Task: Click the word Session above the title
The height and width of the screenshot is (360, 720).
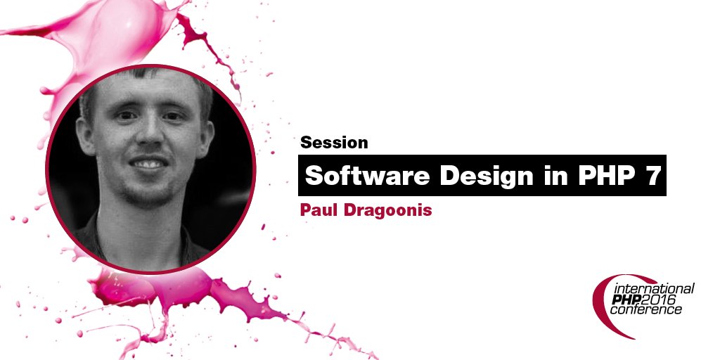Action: (x=334, y=143)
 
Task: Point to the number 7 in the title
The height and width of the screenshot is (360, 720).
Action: (x=652, y=176)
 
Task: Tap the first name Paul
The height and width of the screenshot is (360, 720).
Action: (x=319, y=210)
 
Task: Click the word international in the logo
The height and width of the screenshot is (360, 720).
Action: (x=654, y=289)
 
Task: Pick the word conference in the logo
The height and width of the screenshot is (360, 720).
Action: (x=645, y=310)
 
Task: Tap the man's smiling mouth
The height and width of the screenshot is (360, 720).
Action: (x=149, y=164)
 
